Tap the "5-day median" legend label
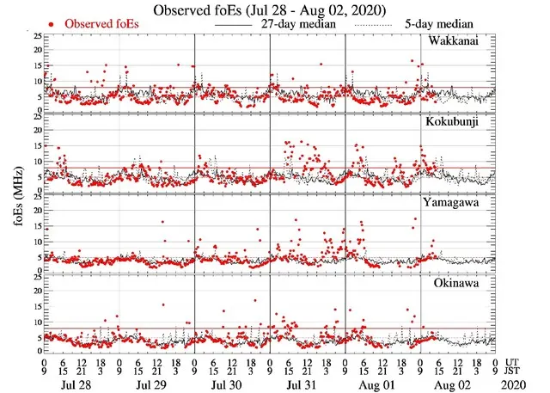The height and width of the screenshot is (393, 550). point(446,25)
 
